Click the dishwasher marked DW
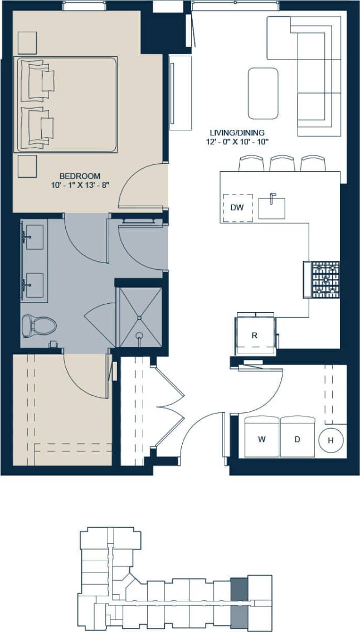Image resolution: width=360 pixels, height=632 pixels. point(237,208)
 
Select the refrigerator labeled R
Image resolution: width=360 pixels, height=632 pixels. point(255,336)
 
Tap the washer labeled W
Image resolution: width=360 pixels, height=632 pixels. point(261,438)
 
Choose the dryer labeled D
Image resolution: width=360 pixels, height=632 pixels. point(297,438)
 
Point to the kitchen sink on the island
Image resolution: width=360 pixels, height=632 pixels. point(272,207)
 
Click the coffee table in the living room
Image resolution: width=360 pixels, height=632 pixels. point(263,93)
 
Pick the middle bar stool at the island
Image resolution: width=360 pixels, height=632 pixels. point(281,163)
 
